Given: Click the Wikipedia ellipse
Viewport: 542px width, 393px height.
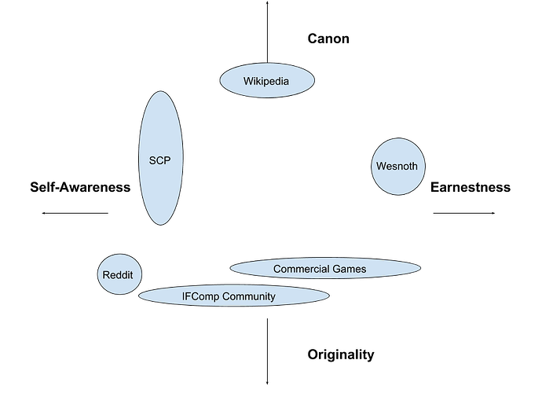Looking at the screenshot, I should [x=267, y=80].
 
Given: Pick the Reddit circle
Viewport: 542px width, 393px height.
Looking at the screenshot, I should [x=123, y=274].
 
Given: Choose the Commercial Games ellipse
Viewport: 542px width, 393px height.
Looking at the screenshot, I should [x=324, y=269].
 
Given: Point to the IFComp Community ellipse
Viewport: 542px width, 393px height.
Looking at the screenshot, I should [x=234, y=296].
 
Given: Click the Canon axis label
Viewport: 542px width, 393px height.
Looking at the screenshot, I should [x=328, y=38].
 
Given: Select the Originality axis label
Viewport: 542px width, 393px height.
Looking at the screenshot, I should [x=340, y=355].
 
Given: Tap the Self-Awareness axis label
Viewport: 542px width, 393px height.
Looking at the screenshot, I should [x=79, y=187].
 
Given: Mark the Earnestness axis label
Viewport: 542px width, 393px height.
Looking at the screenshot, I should [x=471, y=187].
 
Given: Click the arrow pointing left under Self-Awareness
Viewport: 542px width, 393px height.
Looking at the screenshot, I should [x=75, y=212].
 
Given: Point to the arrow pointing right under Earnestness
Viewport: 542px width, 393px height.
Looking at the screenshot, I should [x=463, y=212].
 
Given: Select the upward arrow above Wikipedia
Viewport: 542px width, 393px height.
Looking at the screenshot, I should [x=267, y=31].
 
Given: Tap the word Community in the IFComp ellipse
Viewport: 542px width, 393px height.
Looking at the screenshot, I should [x=251, y=296].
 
